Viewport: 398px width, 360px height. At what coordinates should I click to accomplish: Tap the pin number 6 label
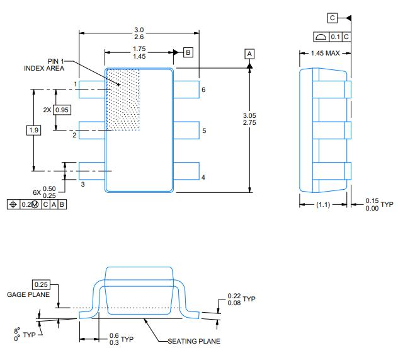[x=203, y=90]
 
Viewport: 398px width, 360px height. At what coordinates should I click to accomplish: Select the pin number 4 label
[x=203, y=177]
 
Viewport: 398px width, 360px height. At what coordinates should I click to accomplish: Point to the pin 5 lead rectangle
[x=186, y=131]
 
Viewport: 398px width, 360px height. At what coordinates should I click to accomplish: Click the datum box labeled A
[x=250, y=54]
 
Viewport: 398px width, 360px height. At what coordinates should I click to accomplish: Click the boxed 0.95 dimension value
[x=62, y=110]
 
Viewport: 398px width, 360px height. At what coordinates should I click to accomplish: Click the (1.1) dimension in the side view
[x=322, y=204]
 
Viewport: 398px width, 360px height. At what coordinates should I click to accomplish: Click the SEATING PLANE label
[x=193, y=341]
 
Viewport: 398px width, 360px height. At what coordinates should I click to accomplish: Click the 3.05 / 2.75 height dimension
[x=249, y=119]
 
